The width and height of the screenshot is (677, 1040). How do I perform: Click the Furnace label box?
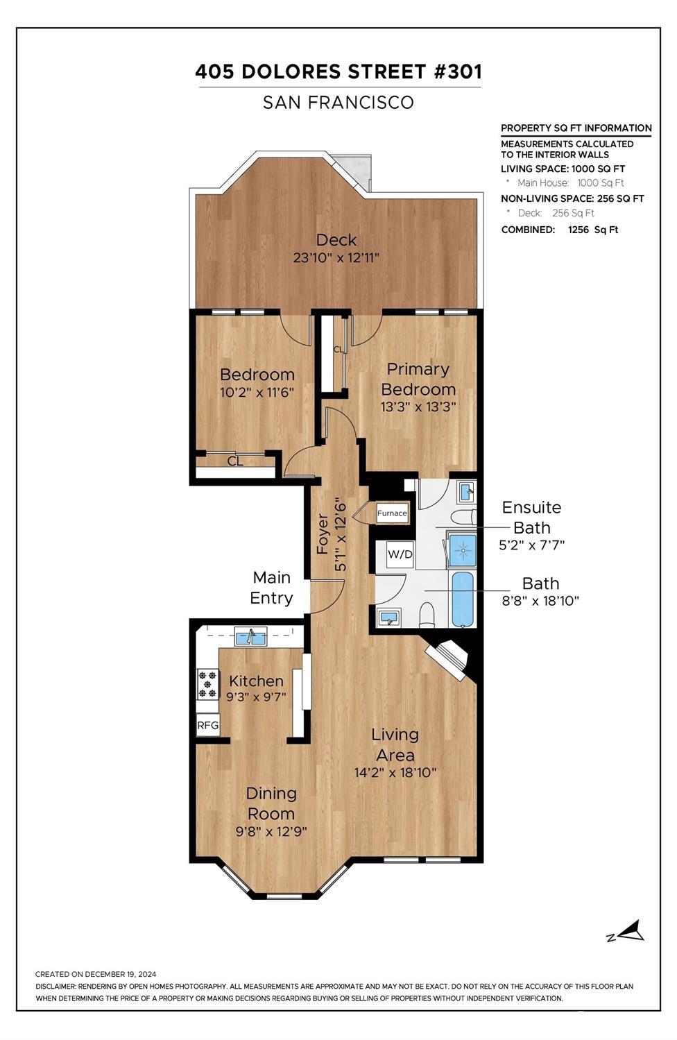392,514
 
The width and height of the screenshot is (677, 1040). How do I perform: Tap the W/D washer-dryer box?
400,554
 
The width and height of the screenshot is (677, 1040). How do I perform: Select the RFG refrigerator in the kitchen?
208,726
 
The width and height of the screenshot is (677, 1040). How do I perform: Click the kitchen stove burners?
207,683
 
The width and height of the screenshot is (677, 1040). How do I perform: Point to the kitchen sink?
250,636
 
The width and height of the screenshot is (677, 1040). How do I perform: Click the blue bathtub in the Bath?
463,599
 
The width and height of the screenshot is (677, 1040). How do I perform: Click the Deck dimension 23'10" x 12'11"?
336,258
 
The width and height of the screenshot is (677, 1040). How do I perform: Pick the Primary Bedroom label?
418,379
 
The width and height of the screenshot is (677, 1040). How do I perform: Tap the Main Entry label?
271,588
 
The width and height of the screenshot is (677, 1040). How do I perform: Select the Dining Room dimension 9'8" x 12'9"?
271,831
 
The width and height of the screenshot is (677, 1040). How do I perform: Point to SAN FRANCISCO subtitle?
338,103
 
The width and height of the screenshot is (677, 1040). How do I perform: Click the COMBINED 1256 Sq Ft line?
559,230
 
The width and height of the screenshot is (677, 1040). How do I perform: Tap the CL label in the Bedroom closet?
235,461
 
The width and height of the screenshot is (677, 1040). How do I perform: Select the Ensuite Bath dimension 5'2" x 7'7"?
532,545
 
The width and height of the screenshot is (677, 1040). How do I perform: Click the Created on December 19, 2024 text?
96,974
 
